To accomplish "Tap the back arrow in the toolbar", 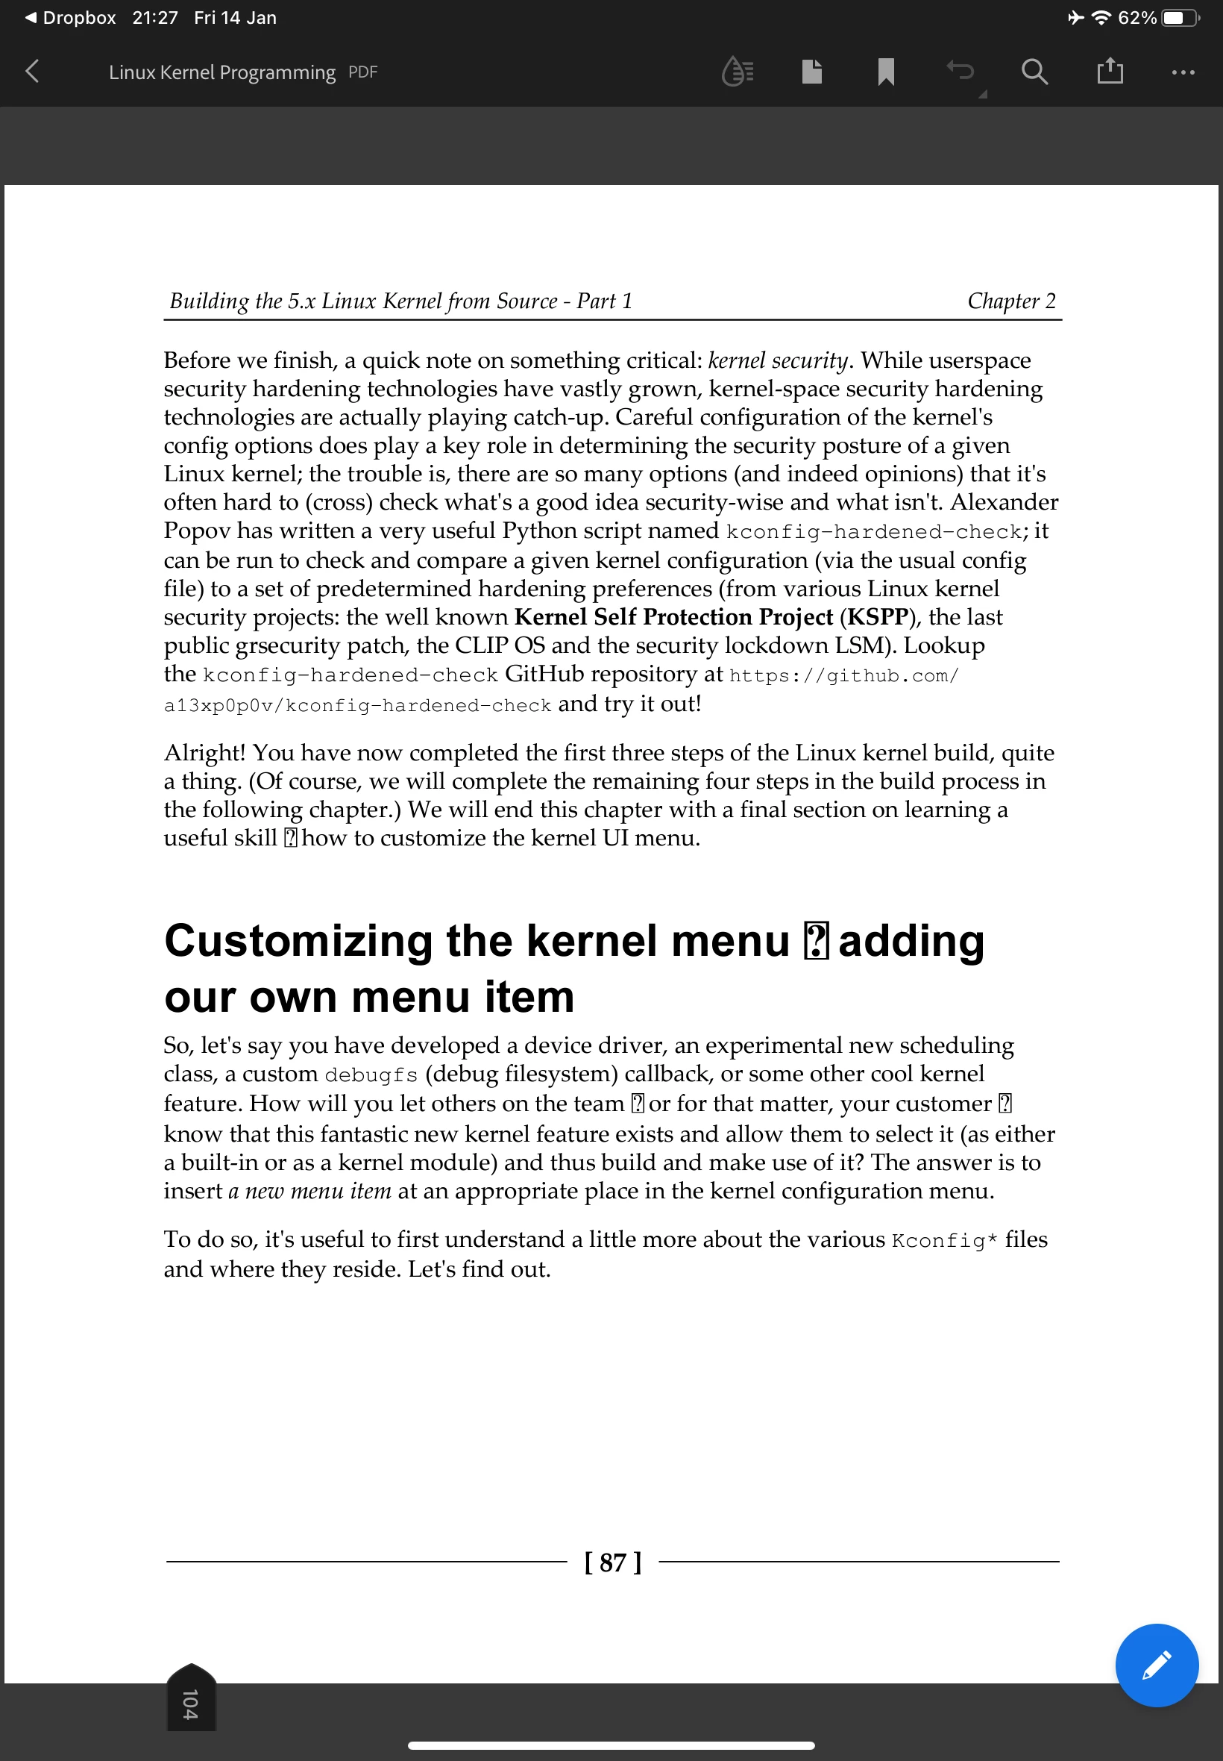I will pos(32,72).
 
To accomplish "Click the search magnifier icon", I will pos(1034,72).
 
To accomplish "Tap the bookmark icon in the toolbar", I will pos(886,72).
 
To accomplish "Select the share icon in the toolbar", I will pos(1110,72).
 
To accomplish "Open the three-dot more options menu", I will pos(1183,72).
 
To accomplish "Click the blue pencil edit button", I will pos(1157,1665).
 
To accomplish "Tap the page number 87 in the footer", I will pos(613,1562).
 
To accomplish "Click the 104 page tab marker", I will pos(191,1702).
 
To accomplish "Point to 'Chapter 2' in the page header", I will pos(1011,301).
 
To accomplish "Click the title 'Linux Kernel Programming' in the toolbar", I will pos(222,72).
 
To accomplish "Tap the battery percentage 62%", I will pos(1137,18).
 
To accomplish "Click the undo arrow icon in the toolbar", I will pos(961,72).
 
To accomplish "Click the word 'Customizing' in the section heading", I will pos(299,941).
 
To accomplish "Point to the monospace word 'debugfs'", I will pos(371,1075).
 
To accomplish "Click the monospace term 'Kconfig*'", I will pos(944,1240).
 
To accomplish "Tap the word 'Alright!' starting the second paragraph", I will pos(204,753).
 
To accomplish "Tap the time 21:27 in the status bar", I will pos(155,18).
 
